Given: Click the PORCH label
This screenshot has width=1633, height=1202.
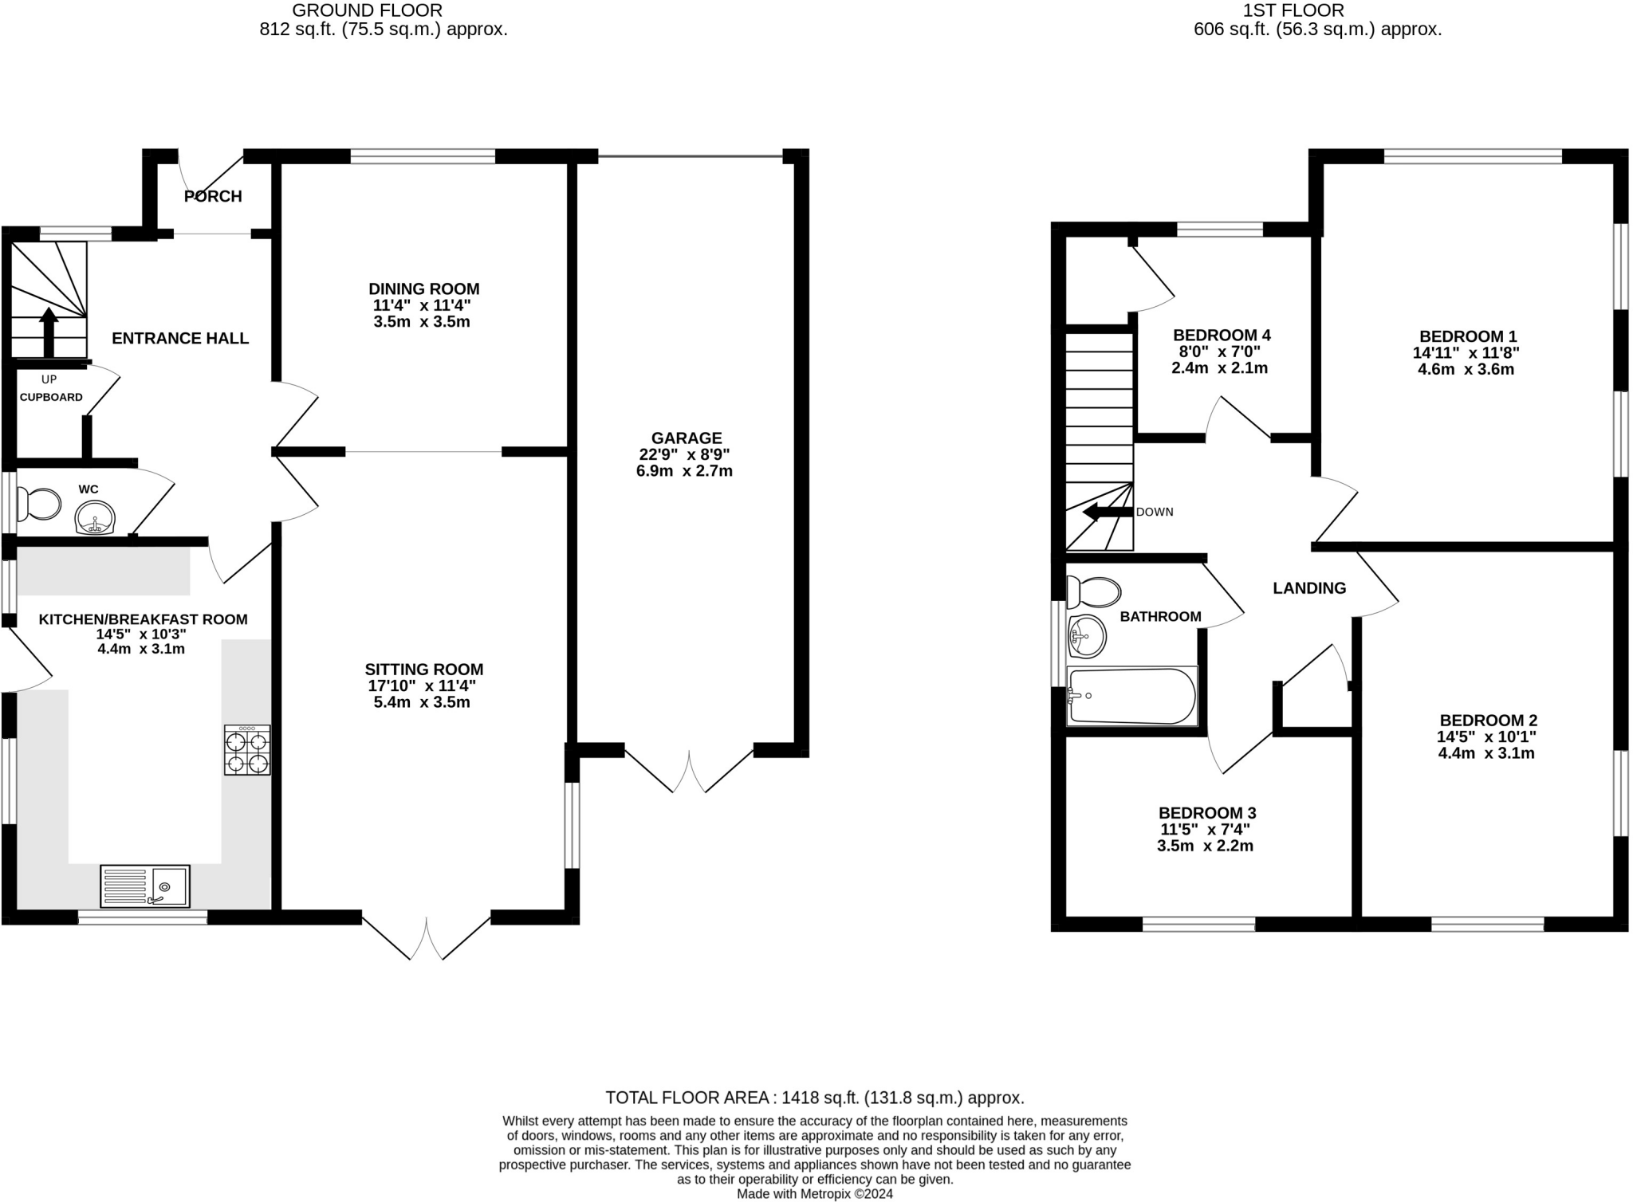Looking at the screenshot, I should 213,196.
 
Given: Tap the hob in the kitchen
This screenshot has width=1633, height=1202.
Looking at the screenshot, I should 247,750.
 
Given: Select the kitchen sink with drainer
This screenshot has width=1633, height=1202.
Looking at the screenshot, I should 145,886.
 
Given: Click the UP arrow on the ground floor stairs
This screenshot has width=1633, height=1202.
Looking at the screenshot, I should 49,332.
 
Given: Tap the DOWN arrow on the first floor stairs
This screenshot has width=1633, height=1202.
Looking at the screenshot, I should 1108,512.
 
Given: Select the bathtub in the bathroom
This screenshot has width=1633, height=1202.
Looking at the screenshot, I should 1131,696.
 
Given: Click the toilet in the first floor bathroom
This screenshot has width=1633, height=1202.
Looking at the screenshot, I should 1094,592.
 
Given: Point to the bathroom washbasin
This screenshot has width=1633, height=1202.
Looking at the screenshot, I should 1086,636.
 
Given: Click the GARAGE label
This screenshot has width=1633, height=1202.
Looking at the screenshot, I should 687,438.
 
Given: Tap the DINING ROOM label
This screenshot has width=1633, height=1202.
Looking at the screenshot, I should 423,289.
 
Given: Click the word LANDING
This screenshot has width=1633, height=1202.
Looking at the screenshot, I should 1309,588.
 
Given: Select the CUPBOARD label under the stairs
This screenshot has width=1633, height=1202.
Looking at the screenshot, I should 51,397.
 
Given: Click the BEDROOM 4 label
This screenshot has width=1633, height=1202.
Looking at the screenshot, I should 1222,335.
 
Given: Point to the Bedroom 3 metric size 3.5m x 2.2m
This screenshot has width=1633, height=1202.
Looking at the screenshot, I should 1205,846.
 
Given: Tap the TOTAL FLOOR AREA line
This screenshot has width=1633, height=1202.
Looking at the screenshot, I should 814,1098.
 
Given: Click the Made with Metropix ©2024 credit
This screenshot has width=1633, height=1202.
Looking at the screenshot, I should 814,1194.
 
